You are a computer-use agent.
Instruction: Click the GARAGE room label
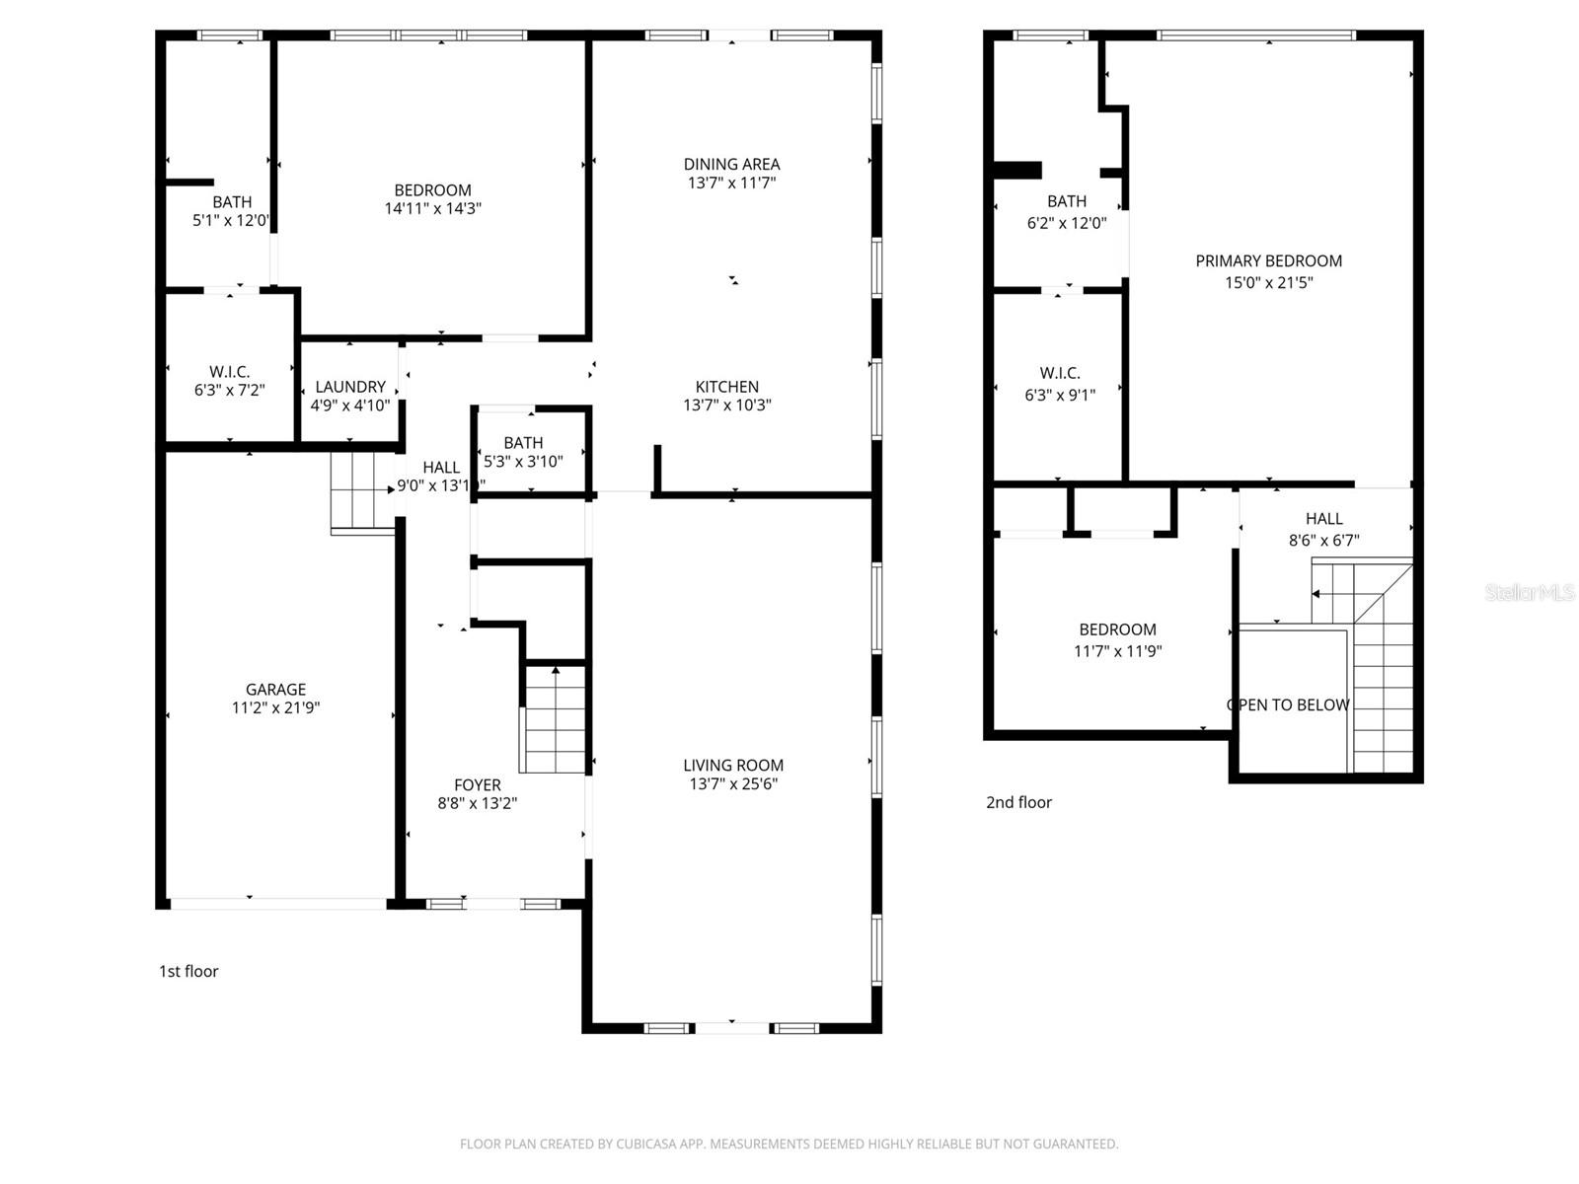tap(275, 690)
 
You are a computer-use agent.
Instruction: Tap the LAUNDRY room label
tap(350, 387)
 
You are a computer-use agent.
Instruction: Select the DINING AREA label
tap(731, 164)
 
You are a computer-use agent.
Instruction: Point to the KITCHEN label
tap(727, 387)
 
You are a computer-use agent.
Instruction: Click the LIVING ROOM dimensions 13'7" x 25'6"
tap(733, 784)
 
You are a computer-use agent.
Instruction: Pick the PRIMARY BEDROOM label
tap(1268, 261)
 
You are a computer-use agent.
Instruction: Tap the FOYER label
tap(478, 785)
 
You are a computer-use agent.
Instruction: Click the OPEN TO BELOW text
tap(1288, 704)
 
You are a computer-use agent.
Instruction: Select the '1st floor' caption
tap(188, 971)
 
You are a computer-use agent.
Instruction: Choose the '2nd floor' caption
tap(1018, 802)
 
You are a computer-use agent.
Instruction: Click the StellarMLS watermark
tap(1530, 592)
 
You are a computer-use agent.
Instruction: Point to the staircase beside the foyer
tap(556, 720)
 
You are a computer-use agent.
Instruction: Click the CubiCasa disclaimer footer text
tap(789, 1145)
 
